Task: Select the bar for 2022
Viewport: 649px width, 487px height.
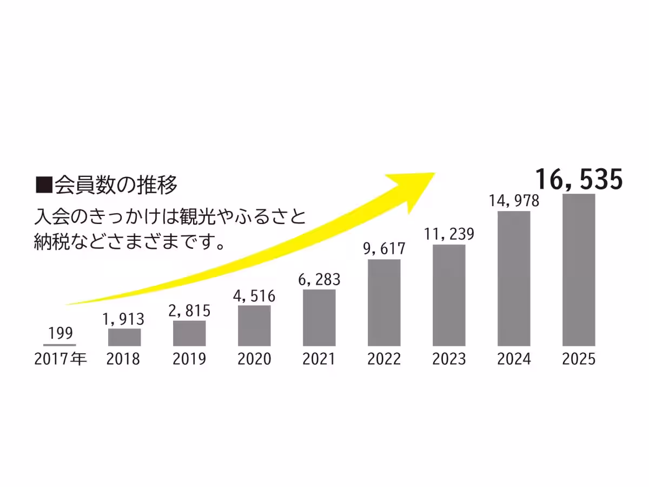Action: (x=384, y=302)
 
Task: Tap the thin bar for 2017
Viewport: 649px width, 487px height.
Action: (x=59, y=345)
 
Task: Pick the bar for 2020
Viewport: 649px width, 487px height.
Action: (x=254, y=326)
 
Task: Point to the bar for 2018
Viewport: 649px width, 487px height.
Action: (x=124, y=337)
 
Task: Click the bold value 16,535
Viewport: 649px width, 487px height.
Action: (x=579, y=180)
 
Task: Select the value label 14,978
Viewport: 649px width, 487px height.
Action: (x=514, y=201)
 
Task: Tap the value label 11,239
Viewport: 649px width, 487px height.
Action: (x=449, y=234)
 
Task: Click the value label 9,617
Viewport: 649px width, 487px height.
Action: (x=384, y=249)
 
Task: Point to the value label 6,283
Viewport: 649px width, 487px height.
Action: (x=319, y=279)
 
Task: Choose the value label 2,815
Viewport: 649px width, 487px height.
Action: (x=189, y=311)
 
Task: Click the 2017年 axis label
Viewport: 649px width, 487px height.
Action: (x=60, y=359)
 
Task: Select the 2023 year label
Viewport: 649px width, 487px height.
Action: (x=449, y=359)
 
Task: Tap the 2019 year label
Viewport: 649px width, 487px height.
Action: (x=189, y=359)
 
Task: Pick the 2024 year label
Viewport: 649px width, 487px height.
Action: (x=514, y=359)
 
